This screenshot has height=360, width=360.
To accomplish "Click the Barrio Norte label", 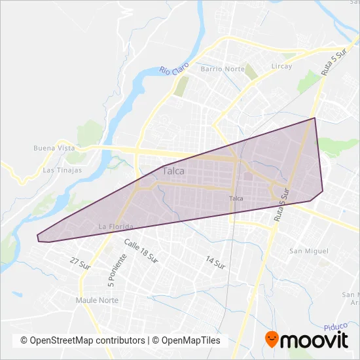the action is pos(222,68).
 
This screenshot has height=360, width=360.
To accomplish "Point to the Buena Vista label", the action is pos(54,148).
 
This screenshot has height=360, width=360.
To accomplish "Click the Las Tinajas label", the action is pos(62,170).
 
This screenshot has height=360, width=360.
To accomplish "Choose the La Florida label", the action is pos(115,226).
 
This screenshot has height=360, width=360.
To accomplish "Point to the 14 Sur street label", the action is pos(215,262).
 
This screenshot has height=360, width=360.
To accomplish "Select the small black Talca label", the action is pos(237,198).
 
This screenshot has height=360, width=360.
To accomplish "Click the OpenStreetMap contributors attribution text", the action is pos(82,340).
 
